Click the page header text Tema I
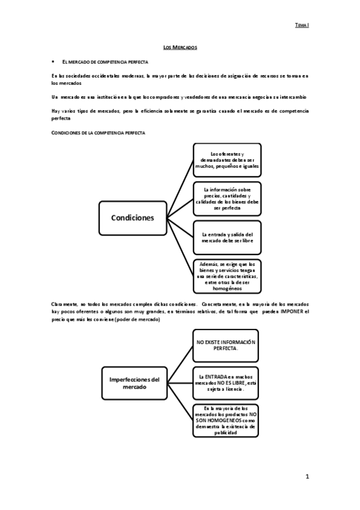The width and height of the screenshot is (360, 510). point(302,26)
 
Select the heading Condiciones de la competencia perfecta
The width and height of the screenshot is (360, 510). point(98,132)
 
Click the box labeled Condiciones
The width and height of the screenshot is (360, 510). point(132,218)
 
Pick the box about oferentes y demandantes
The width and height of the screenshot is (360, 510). point(227,159)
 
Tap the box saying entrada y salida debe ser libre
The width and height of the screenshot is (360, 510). point(227,238)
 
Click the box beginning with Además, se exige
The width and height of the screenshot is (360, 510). point(227,276)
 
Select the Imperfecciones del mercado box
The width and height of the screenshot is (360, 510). point(135,382)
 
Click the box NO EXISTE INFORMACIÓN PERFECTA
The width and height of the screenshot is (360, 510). point(226,345)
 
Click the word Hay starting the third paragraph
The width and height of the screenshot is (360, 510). point(56,111)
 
